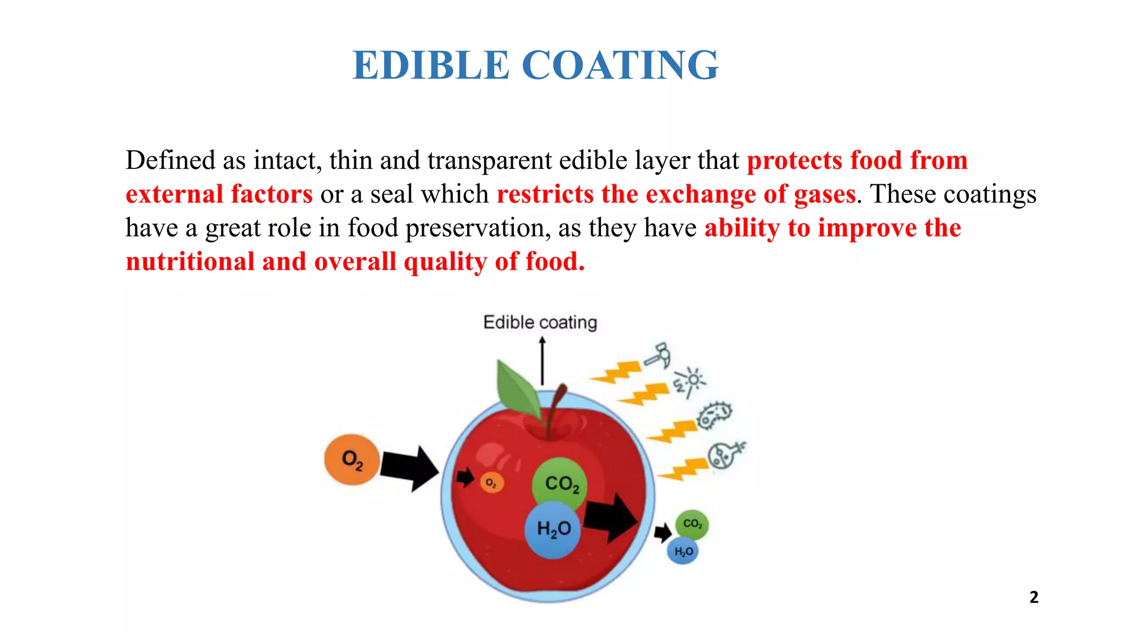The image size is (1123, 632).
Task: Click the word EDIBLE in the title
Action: pos(431,65)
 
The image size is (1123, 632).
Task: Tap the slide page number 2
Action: pos(1034,597)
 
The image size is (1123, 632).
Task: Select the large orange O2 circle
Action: pos(351,459)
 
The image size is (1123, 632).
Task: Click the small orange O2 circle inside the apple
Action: pos(491,483)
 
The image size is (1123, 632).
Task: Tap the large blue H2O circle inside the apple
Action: pos(553,529)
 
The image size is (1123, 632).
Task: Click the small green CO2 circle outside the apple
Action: pos(692,524)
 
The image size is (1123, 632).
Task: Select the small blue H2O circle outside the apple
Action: pos(683,551)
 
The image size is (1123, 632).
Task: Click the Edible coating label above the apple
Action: pos(540,323)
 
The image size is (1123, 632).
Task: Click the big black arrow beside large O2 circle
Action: pos(409,468)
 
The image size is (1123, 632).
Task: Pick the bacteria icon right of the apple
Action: pos(714,415)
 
